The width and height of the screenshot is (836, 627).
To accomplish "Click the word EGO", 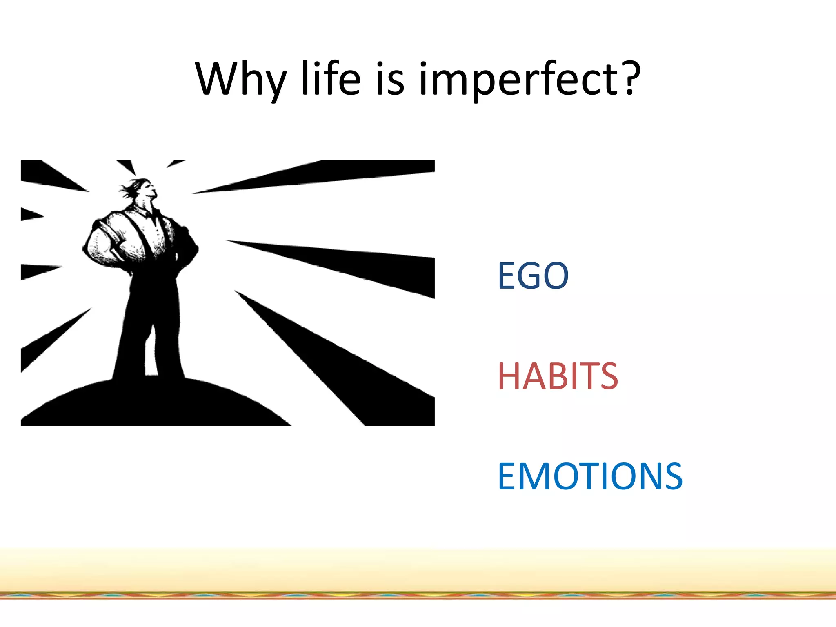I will pos(533,276).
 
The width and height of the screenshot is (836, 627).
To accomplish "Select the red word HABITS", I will pos(558,376).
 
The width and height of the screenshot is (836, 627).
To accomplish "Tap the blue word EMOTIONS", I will pos(590,476).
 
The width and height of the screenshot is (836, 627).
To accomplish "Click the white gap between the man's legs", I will pos(150,355).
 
